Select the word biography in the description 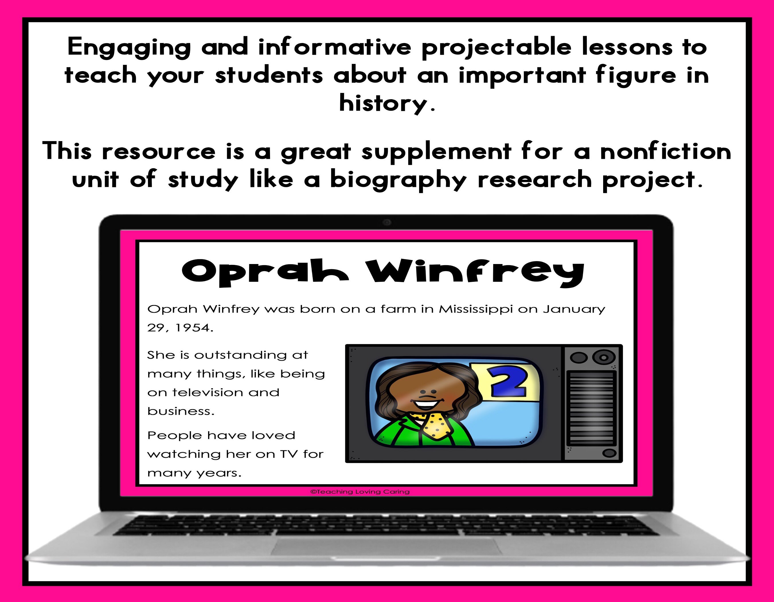398,180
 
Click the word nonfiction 666,152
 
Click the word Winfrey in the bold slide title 475,272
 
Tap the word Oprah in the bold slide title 264,272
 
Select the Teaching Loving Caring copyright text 360,492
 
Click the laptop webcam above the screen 387,222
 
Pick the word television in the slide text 208,393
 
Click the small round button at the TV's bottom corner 609,453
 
